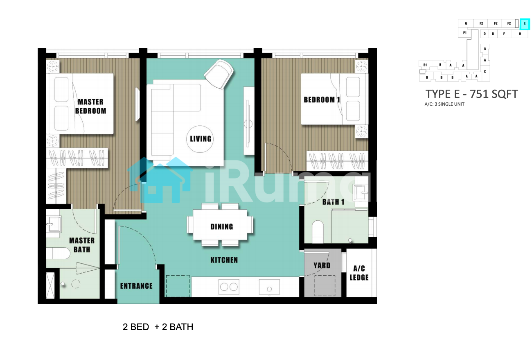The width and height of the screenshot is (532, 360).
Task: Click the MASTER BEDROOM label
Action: [90, 106]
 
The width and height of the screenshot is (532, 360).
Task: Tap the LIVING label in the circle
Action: [201, 139]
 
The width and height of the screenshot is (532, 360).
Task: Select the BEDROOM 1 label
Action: [322, 100]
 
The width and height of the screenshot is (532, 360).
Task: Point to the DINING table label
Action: [221, 227]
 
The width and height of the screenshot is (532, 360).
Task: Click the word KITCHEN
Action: [224, 260]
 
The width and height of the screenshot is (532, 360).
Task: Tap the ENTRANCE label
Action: [136, 286]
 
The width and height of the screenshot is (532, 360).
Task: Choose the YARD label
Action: [322, 265]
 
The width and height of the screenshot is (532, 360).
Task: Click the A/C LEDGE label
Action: [359, 273]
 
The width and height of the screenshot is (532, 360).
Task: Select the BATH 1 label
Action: [333, 202]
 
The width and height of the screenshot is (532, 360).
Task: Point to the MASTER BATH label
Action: [82, 245]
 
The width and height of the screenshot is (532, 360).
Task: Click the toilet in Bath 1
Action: [318, 232]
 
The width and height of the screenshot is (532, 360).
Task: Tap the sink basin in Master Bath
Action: [55, 224]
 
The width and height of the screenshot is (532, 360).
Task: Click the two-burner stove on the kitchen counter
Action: [229, 287]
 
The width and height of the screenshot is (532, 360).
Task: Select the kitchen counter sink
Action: [269, 287]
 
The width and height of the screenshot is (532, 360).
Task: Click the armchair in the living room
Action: [219, 74]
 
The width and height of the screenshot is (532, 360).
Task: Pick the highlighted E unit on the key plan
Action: [525, 24]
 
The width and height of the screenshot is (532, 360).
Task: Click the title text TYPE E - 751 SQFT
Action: [471, 94]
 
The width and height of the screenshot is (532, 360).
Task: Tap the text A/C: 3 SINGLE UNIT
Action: [444, 104]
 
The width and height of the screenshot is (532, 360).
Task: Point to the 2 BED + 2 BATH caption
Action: [158, 327]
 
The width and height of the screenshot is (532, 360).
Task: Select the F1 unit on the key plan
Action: [465, 32]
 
